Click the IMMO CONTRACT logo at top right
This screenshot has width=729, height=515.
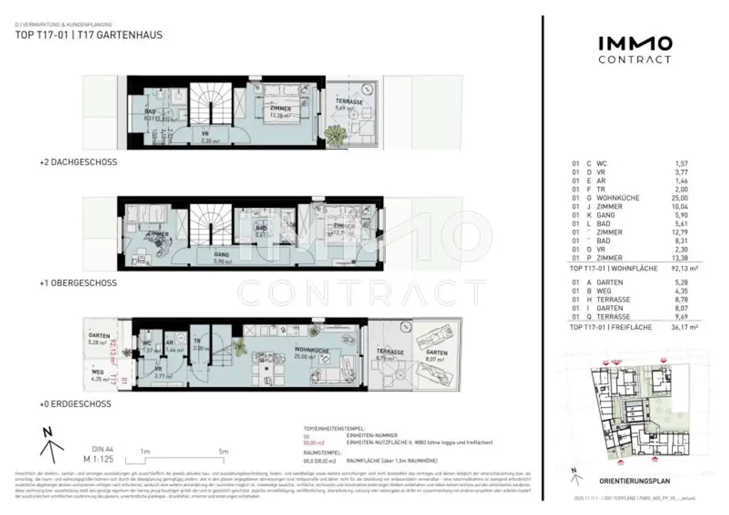click(x=634, y=50)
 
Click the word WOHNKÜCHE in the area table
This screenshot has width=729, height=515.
click(x=621, y=198)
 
